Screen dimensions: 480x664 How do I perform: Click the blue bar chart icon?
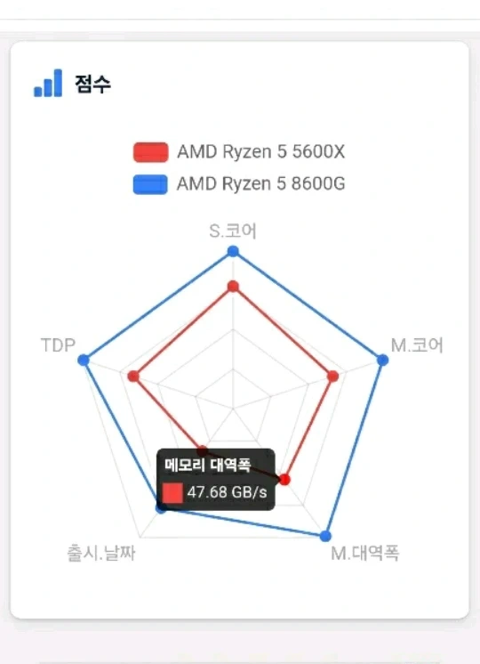[x=48, y=83]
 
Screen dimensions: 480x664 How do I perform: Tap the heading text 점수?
[x=92, y=84]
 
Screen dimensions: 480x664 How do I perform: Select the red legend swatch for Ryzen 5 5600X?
[x=150, y=152]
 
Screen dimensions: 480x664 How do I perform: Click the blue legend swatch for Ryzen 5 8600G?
[x=150, y=184]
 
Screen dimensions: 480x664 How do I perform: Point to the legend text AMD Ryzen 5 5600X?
[x=261, y=151]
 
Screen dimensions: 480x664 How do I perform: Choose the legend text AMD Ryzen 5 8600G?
[x=261, y=183]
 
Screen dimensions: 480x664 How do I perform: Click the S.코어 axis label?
[x=233, y=231]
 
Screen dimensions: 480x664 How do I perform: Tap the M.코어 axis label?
[x=417, y=345]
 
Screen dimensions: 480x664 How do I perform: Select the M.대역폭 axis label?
[x=365, y=553]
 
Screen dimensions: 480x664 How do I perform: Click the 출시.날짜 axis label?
[x=101, y=553]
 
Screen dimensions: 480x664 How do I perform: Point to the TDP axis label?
[x=58, y=345]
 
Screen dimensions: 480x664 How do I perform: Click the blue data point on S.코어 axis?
[x=233, y=252]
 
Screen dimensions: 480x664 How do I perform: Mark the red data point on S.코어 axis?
[x=233, y=287]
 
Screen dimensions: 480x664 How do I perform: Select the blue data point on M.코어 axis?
[x=383, y=360]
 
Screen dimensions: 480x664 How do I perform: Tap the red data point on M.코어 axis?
[x=333, y=376]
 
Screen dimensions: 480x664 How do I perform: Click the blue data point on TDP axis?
[x=84, y=360]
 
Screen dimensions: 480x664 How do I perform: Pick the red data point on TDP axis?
[x=133, y=376]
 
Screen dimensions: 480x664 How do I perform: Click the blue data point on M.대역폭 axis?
[x=325, y=536]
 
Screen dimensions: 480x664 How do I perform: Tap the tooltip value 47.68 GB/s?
[x=227, y=492]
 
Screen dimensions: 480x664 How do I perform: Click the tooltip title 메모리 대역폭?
[x=208, y=465]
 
